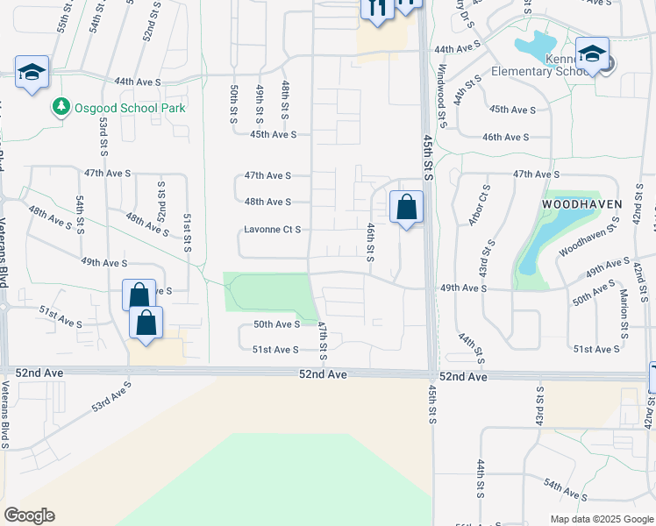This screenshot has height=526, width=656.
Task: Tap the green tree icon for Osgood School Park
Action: pos(61,107)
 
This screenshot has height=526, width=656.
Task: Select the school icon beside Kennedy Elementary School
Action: pos(592,55)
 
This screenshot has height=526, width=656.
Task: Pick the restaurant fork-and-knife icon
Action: pos(377,8)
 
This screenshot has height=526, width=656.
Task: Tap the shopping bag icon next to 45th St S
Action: pos(406,208)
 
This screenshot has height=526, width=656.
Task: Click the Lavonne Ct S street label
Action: pos(273,230)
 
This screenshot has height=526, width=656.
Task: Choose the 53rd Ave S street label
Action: pos(111,396)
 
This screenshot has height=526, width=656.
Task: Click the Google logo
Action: pos(29,515)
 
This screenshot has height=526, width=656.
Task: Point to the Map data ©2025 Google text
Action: pos(601,519)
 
